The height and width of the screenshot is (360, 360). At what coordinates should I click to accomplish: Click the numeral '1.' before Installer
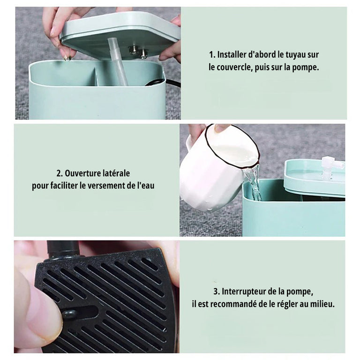(212, 55)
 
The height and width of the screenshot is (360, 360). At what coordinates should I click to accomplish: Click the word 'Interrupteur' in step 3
(244, 292)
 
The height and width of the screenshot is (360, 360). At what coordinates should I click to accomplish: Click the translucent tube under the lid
(118, 61)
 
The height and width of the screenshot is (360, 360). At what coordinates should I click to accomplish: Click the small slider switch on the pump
(68, 315)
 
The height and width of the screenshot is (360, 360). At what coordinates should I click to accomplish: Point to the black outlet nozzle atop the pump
(63, 249)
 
